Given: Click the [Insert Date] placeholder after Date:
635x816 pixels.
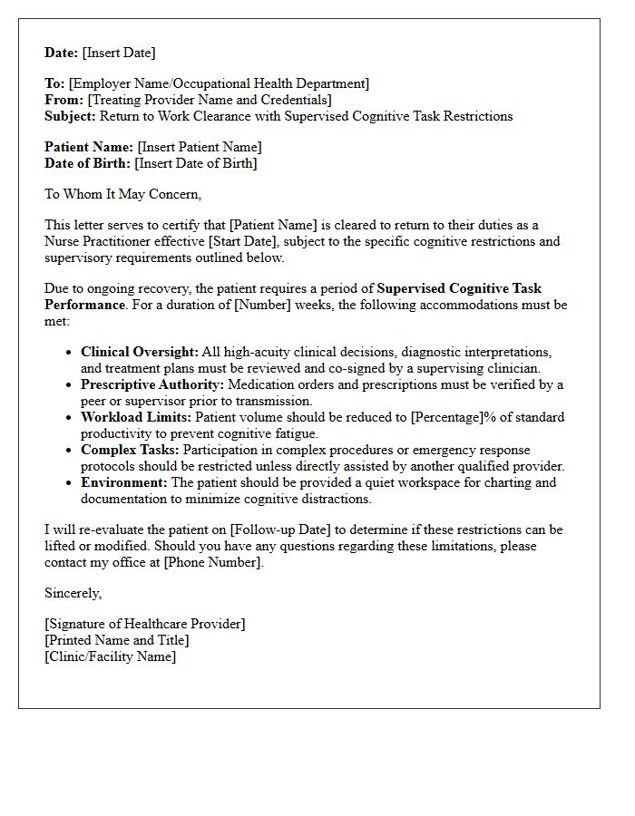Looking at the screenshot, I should pos(119,53).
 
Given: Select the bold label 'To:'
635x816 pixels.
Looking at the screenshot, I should pos(54,83).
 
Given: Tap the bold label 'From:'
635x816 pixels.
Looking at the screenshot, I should pos(63,100).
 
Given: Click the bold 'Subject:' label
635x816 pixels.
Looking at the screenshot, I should pos(70,116).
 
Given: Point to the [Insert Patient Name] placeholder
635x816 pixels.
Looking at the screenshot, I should pos(200,147).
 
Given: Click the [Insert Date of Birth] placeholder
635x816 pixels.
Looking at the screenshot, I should pos(196,163).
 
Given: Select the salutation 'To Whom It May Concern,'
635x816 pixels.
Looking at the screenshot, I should pos(123,194).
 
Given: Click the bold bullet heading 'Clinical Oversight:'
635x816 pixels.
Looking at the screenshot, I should pos(139,352).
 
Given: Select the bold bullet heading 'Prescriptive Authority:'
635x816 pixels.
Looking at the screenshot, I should pos(152,384).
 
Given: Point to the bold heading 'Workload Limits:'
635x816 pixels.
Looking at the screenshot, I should pos(136,417).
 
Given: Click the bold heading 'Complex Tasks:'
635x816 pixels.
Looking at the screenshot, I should pos(128,450).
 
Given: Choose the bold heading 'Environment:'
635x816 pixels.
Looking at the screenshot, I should pos(123,482).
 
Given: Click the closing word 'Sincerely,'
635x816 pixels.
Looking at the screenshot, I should pos(73,593).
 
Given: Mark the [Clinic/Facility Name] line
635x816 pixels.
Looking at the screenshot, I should pos(110,656).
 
